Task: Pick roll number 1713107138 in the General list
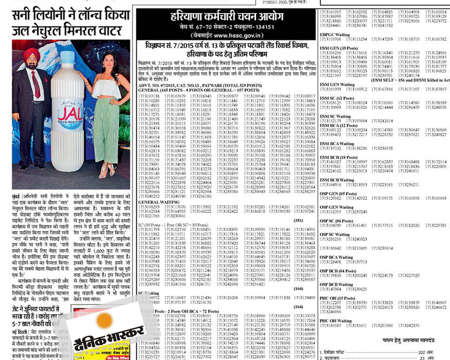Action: pos(149,96)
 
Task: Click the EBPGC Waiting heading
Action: pos(335,34)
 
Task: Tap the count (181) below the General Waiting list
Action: pos(298,220)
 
